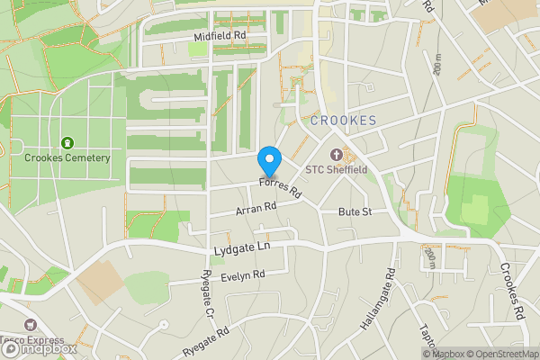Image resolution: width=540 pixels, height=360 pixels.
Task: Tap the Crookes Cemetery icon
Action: pos(67,143)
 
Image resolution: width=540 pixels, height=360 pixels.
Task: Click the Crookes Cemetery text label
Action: pos(67,158)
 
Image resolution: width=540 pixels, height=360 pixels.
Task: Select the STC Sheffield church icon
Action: pos(337,153)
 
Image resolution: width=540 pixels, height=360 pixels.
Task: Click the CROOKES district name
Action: pos(343,121)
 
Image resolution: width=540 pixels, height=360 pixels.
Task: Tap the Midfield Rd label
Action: pos(220,36)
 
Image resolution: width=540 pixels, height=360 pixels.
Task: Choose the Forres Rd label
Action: pos(280,187)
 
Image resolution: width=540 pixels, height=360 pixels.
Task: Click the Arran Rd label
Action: pos(255,208)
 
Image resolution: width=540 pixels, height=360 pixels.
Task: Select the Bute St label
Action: pos(355,211)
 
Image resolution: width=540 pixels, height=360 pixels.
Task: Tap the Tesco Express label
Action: pos(36,341)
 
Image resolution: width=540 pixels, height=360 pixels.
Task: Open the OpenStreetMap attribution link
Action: pos(502,354)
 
